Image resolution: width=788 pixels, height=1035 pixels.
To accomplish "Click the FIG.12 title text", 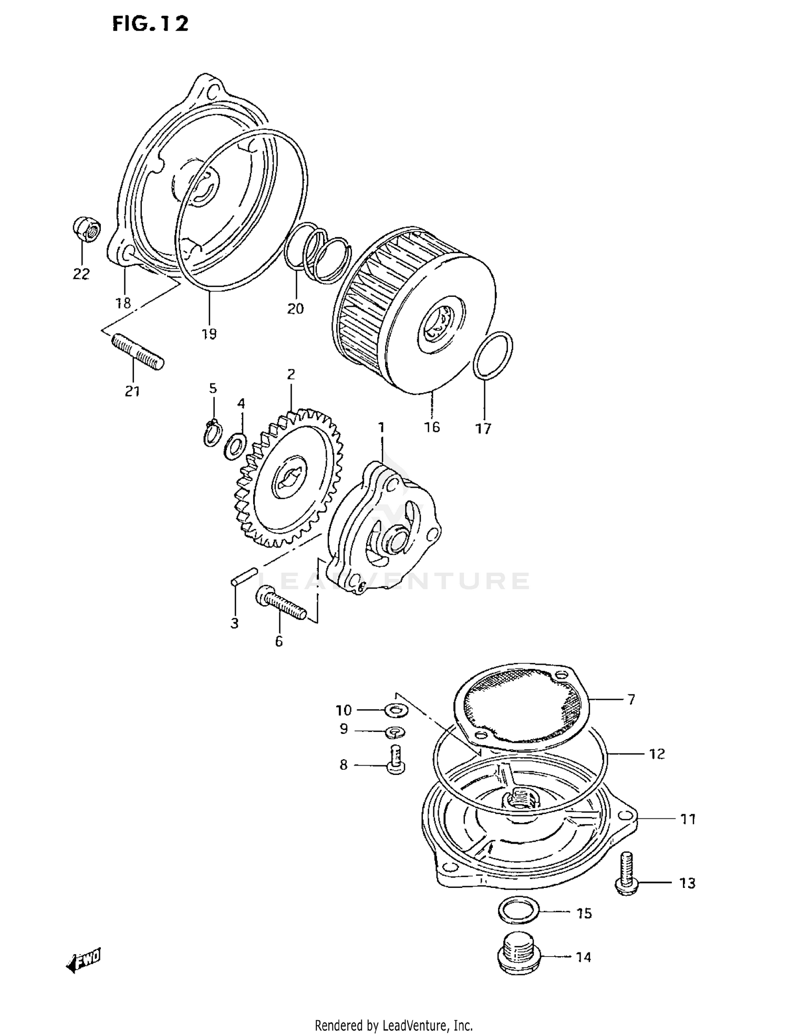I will coord(150,24).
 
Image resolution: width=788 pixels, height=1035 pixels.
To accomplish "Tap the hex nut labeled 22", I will coord(86,230).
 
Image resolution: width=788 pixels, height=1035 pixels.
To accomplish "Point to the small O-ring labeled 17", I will coord(493,355).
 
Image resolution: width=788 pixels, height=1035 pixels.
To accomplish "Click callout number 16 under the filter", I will coord(432,427).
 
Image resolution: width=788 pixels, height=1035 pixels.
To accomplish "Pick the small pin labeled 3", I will coord(243,575).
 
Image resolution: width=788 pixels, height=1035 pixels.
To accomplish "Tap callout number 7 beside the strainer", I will coord(631,699).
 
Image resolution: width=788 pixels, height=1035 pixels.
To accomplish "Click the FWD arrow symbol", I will coord(84,960).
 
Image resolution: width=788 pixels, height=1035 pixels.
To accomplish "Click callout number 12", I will coord(657,754).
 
